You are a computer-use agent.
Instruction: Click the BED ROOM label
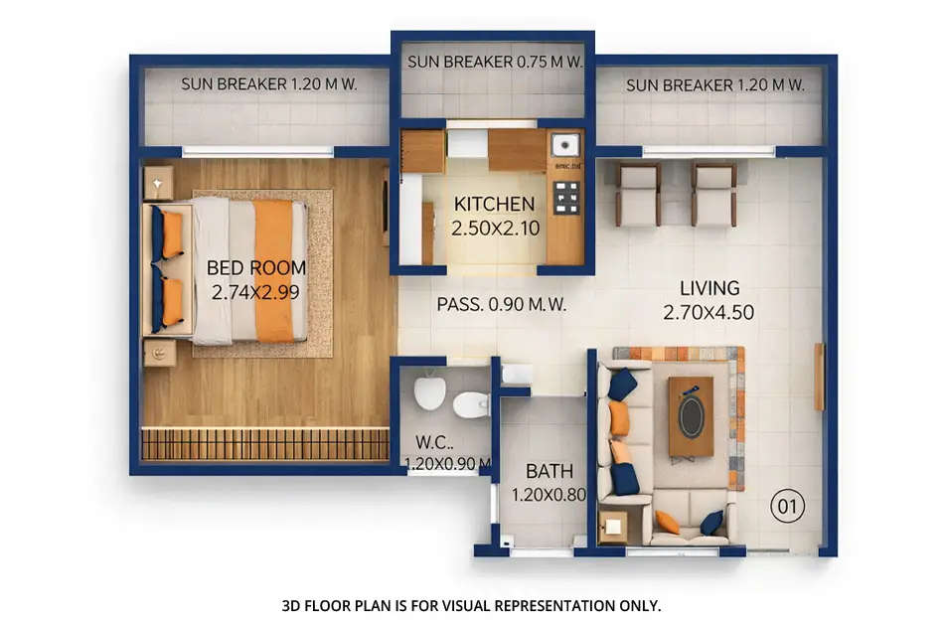255,267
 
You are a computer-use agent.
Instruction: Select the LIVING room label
709,288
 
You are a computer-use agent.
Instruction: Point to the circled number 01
786,508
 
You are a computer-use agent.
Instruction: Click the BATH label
543,471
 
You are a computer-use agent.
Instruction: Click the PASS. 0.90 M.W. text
502,305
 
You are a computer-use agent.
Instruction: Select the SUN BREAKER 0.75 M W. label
493,62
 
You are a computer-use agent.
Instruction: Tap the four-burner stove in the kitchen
566,197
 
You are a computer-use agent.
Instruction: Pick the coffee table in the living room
691,416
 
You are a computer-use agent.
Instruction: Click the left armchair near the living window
638,193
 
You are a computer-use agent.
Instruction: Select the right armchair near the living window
713,193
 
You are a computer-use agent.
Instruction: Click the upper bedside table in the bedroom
159,182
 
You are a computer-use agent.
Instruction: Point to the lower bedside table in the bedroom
160,352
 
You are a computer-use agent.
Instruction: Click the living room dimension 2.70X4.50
709,312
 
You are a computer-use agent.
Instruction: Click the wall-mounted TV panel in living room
819,377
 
